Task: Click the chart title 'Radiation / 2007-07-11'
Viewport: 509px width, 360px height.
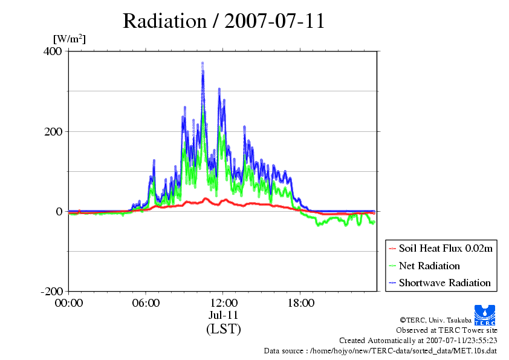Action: tap(224, 21)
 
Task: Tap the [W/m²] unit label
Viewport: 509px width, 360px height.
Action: tap(70, 39)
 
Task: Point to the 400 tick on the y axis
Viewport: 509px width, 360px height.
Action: tap(53, 51)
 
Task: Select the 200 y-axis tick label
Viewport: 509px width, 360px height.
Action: tap(53, 131)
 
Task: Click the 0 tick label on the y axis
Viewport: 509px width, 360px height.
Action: tap(59, 212)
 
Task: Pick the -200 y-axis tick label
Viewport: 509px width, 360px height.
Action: tap(51, 292)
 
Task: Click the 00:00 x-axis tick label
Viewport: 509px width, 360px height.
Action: tap(69, 303)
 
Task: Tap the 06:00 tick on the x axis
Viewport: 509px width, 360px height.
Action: tap(146, 303)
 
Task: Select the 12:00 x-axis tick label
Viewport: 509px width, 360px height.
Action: tap(223, 303)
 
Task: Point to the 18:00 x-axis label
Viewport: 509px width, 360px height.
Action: tap(300, 303)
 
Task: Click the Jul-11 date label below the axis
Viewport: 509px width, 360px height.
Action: tap(223, 315)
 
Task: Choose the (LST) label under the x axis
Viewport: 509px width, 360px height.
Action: tap(223, 329)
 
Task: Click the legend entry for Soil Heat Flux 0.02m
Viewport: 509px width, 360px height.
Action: tap(441, 249)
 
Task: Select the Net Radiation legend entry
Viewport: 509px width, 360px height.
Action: tap(424, 266)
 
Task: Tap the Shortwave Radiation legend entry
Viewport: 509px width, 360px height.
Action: tap(439, 283)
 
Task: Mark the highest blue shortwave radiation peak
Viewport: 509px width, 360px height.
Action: tap(203, 64)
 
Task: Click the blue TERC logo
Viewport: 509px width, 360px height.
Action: tap(485, 315)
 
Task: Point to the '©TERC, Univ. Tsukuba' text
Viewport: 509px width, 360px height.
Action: tap(436, 320)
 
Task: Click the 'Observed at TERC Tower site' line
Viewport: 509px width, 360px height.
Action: tap(446, 330)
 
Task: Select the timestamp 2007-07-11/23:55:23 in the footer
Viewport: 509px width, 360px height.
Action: tap(462, 341)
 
